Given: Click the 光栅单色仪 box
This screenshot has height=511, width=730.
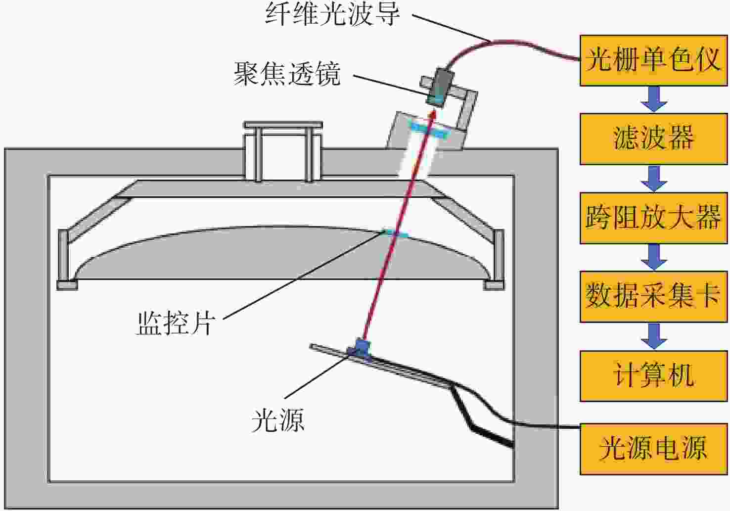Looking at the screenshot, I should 653,60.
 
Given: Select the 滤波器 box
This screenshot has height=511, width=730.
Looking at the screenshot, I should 653,139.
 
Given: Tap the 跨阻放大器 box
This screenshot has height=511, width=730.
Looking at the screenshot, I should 653,218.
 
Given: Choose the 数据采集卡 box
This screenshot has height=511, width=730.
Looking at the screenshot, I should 653,296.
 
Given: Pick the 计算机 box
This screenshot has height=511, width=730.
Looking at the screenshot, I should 653,375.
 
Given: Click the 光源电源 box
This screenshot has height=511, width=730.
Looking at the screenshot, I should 653,448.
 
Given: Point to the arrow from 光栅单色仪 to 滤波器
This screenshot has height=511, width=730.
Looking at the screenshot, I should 654,99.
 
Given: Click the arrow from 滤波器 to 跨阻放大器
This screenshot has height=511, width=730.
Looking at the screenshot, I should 654,178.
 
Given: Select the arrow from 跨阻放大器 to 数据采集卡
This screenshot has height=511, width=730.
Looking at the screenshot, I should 654,257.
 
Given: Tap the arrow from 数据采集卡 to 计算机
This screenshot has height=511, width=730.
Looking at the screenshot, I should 654,336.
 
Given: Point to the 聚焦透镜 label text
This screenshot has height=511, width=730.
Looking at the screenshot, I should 287,74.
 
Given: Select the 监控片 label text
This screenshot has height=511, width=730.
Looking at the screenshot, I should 175,324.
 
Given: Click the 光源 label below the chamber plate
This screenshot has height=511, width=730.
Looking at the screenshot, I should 277,420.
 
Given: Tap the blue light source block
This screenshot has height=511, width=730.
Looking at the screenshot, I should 361,347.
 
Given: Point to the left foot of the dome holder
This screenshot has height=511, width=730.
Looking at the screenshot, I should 67,285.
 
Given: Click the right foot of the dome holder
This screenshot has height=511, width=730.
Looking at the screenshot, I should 494,285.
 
